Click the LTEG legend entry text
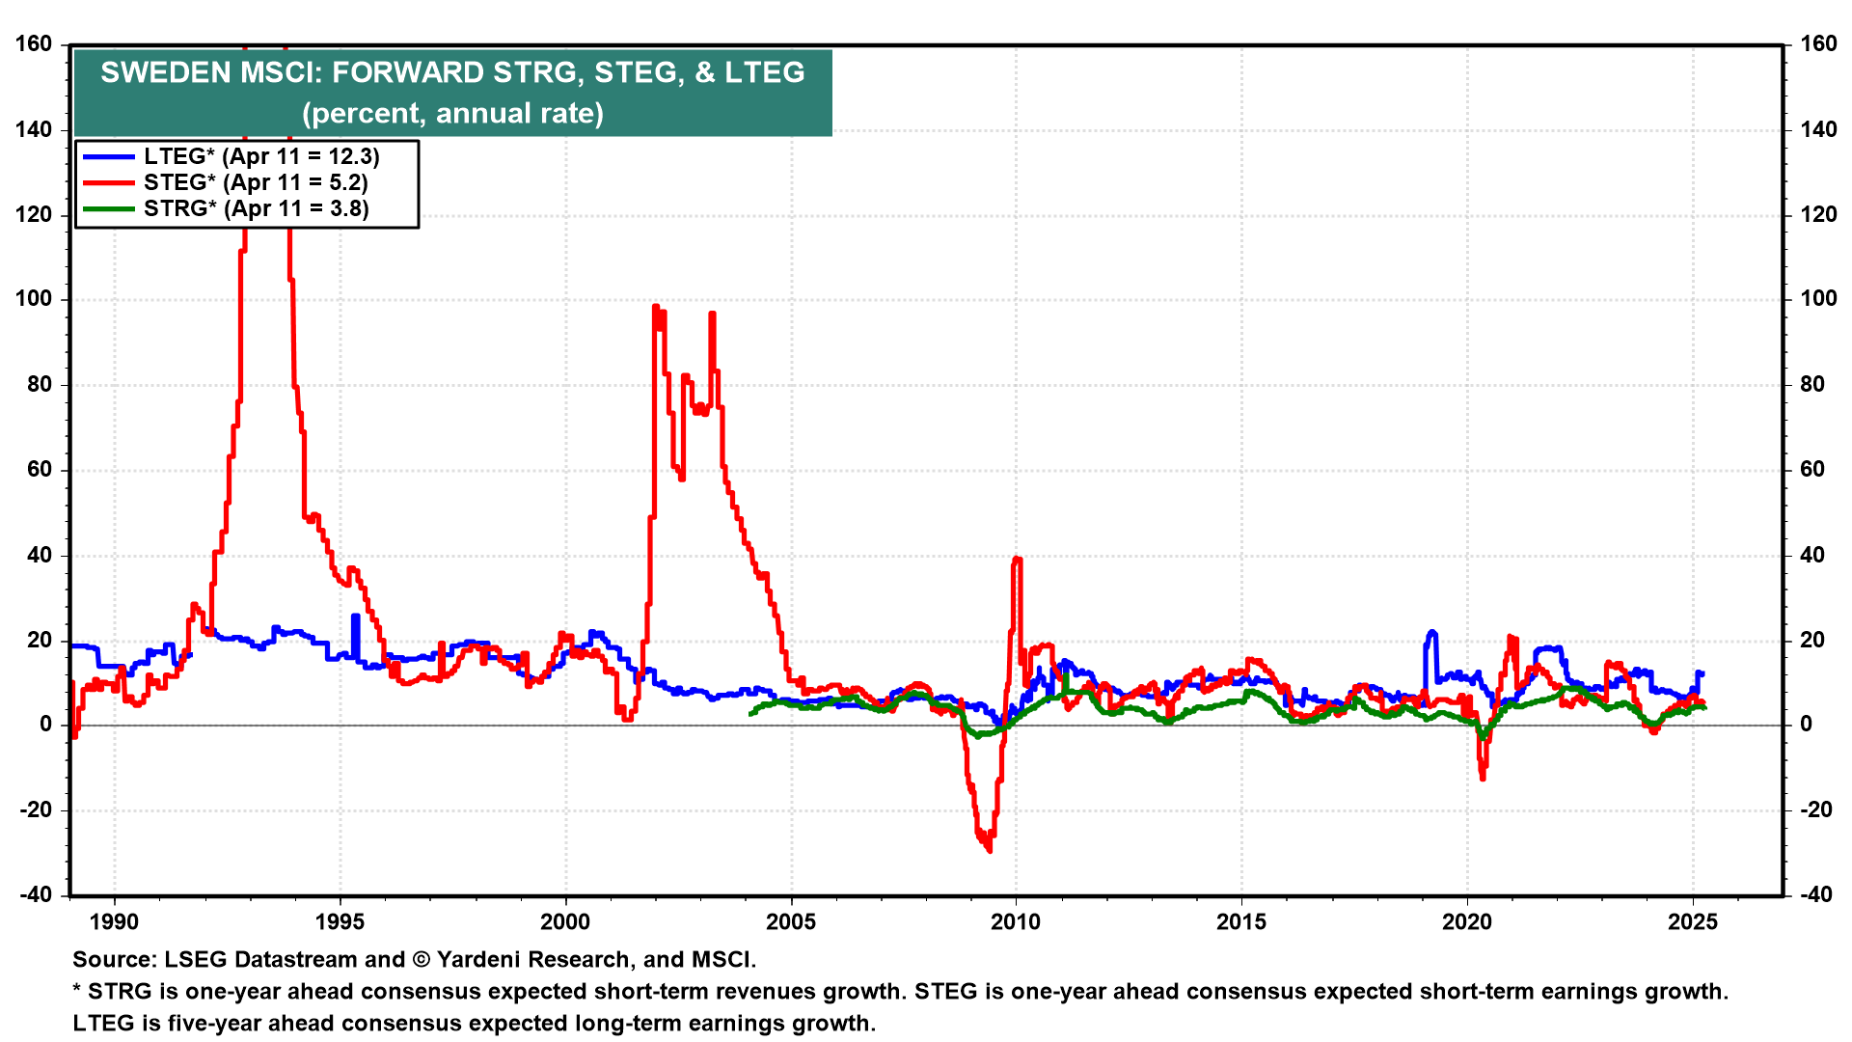coord(261,156)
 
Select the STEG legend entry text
coord(256,182)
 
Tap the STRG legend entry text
coord(257,208)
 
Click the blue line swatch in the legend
coord(108,156)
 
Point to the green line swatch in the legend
coord(108,208)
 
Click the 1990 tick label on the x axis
coord(114,921)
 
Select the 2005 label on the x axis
coord(791,921)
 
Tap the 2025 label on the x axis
coord(1693,921)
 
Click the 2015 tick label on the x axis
coord(1241,921)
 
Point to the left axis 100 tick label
coord(35,299)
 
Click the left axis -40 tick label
coord(35,894)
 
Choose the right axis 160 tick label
coord(1818,44)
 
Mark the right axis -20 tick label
coord(1816,809)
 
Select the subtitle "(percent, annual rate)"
coord(452,113)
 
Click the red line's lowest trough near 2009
coord(990,850)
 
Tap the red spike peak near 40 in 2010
coord(1017,559)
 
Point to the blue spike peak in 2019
coord(1432,632)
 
